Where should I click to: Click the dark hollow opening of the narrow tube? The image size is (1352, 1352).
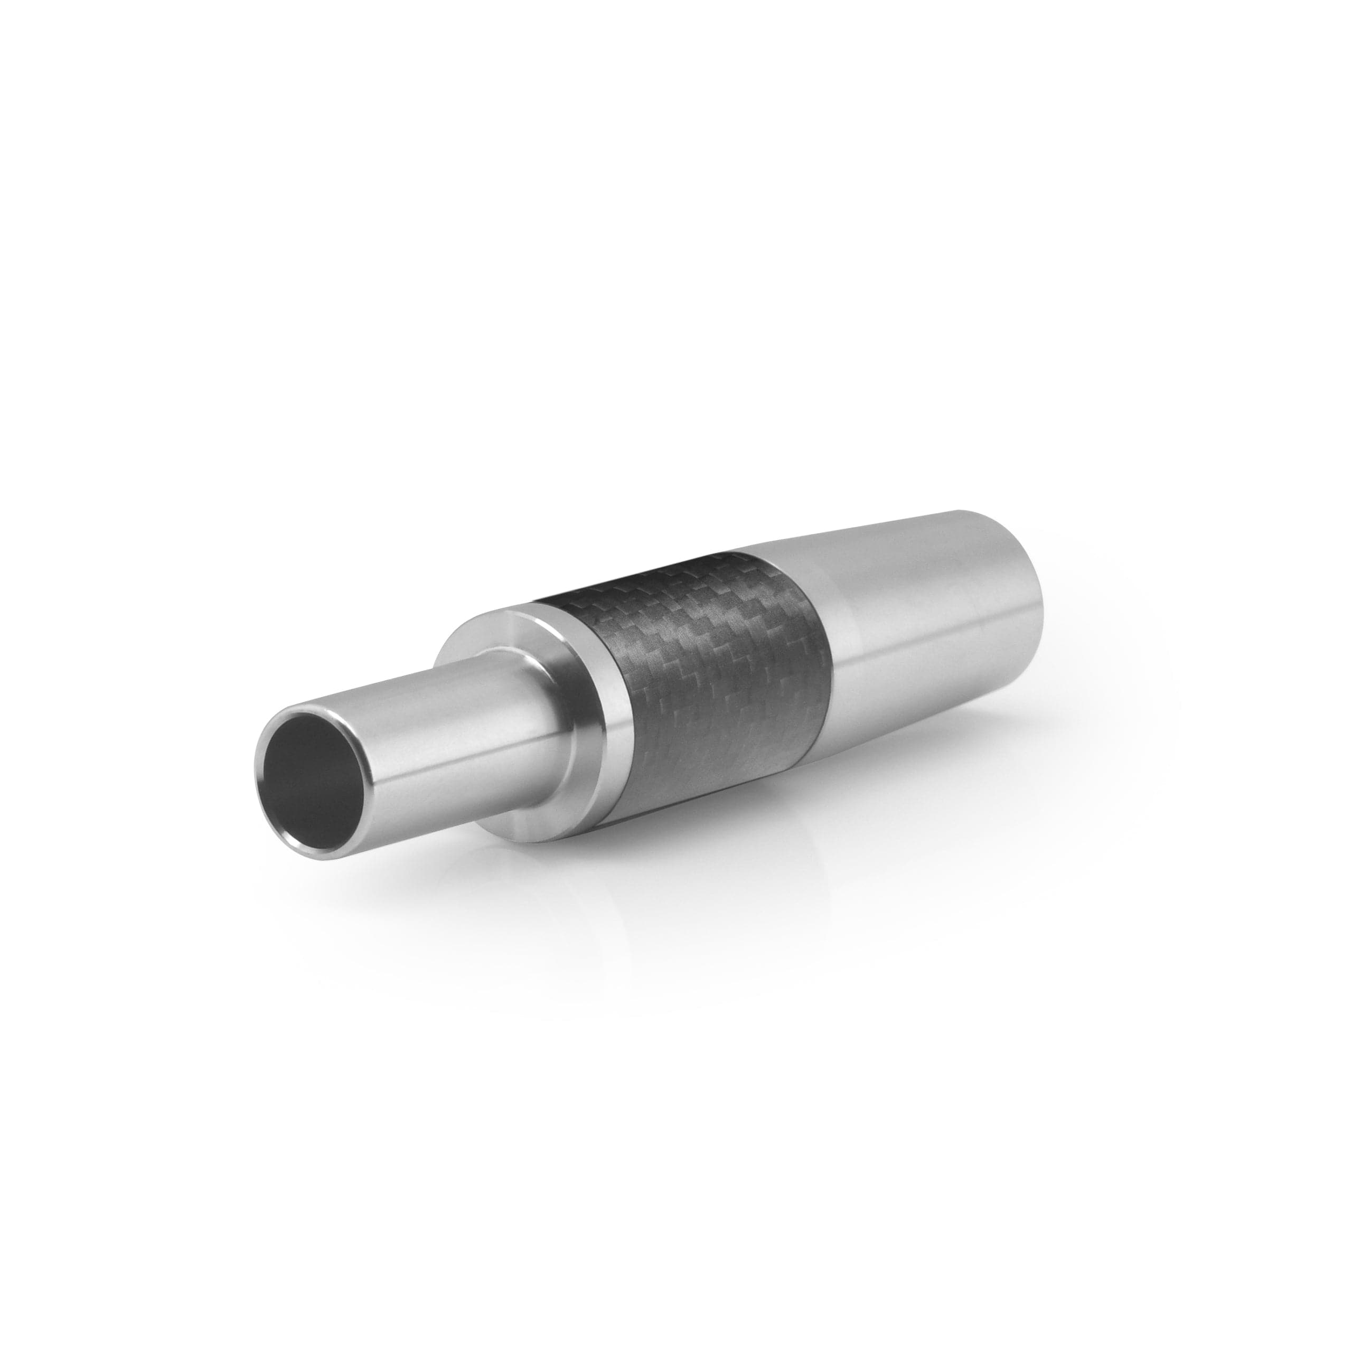tap(318, 773)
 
